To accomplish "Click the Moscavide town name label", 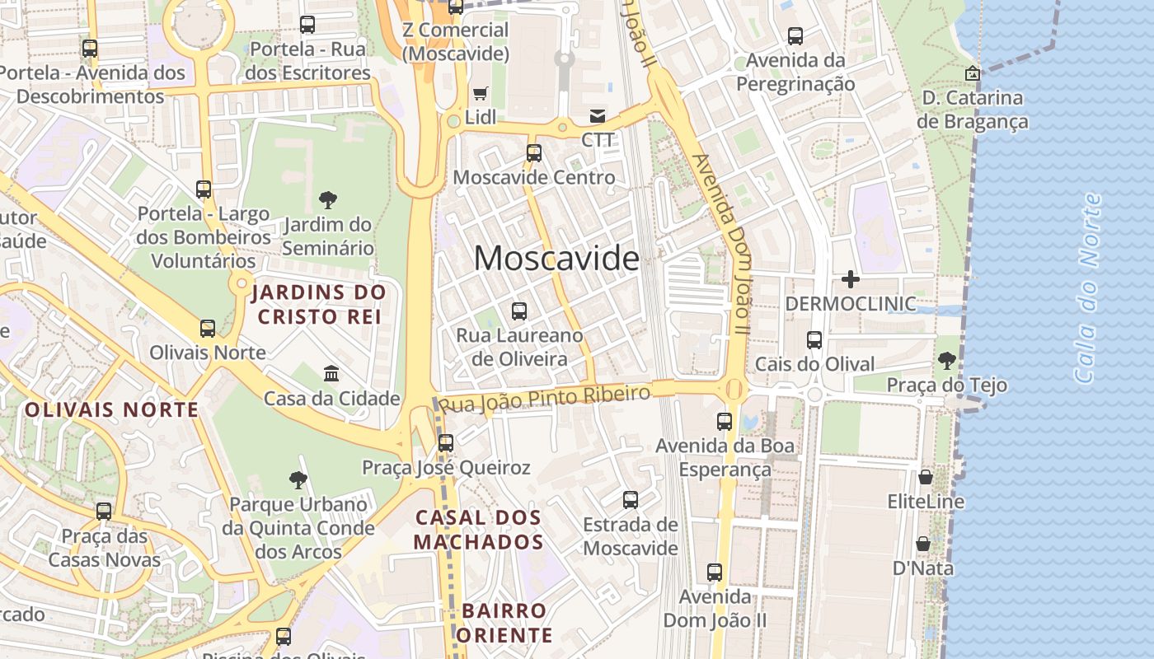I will (x=556, y=259).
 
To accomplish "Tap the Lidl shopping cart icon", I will (x=481, y=94).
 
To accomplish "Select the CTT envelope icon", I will (x=598, y=116).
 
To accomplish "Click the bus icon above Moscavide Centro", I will (x=534, y=152).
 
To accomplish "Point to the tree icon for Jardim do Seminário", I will (x=328, y=199).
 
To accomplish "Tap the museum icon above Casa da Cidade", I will (x=331, y=374).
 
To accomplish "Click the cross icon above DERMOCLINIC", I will (x=851, y=279).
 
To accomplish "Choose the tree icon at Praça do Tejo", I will (x=947, y=360).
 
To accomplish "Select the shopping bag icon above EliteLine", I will (x=926, y=477).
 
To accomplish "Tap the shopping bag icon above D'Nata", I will (x=923, y=544).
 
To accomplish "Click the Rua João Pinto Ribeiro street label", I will (x=544, y=399).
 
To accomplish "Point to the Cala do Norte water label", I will (x=1089, y=288).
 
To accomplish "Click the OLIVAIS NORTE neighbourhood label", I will (x=112, y=409).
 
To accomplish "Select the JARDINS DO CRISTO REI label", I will (x=319, y=304).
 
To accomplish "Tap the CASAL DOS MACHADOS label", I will (x=479, y=530).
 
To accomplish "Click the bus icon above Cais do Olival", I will (x=814, y=339).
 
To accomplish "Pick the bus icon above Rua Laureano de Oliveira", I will (x=519, y=311).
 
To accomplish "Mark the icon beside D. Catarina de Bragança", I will (x=973, y=73).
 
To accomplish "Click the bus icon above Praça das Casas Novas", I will (x=104, y=511).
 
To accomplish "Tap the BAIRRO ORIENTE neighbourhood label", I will (x=504, y=623).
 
